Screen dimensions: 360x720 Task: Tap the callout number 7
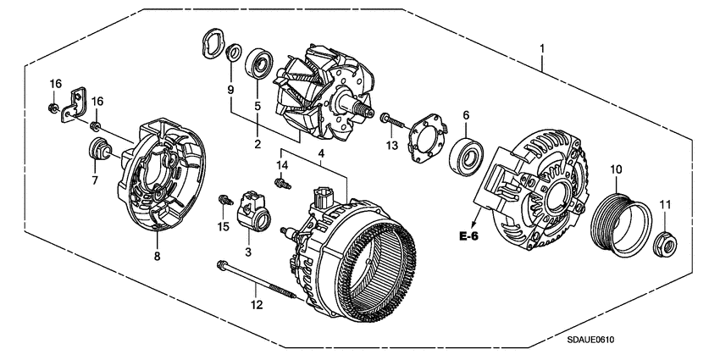point(94,180)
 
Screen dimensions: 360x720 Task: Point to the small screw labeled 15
point(224,201)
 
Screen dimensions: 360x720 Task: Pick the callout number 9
point(228,89)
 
